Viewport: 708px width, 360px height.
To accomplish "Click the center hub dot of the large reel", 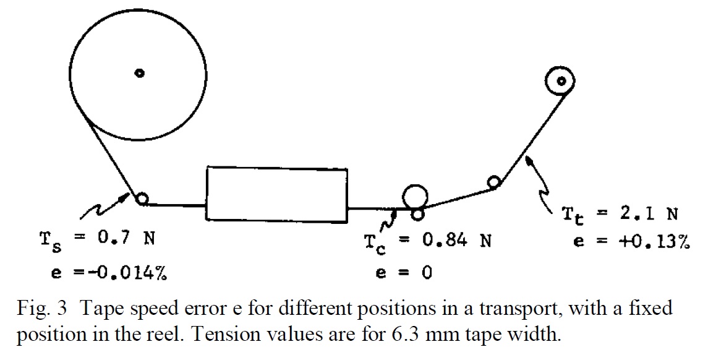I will click(140, 73).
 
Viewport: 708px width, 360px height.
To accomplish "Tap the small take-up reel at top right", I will click(561, 80).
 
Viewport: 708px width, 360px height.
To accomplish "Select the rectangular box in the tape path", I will click(276, 193).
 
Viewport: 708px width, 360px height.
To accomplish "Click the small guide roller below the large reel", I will click(142, 199).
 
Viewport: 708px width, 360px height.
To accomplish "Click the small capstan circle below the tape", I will click(418, 214).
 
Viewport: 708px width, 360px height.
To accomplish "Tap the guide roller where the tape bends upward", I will click(493, 182).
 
